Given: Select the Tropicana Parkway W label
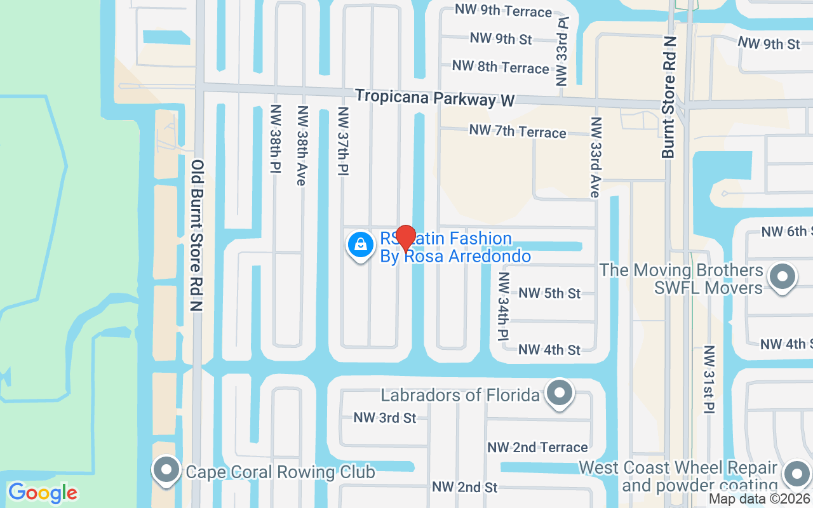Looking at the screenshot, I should coord(434,98).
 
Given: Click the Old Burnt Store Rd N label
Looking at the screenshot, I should coord(198,235).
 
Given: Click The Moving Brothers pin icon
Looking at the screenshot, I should coord(782,277).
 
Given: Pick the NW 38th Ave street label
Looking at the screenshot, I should coord(302,145).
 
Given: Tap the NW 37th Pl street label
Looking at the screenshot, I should coord(344,141).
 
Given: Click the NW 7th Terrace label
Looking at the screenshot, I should coord(518,131).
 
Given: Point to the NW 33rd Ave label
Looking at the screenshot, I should coord(595,157).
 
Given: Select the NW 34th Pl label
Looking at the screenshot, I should coord(504,305).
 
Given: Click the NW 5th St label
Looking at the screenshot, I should coord(549,293).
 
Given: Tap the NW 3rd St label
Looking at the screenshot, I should coord(385,417).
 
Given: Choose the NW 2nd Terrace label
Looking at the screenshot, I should coord(537,447).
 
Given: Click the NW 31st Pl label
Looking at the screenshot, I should coord(709,378).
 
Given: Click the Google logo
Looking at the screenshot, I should coord(43,493).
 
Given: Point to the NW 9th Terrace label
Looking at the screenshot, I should coord(503,11).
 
